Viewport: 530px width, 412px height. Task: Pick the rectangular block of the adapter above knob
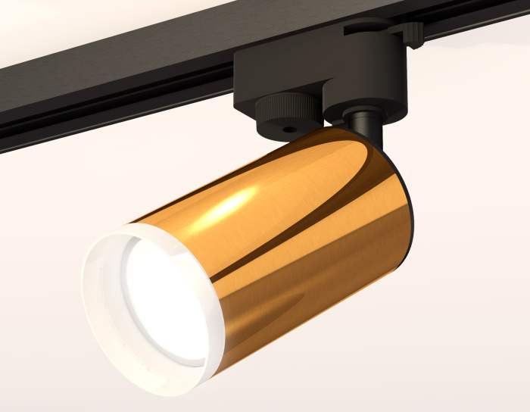pos(273,72)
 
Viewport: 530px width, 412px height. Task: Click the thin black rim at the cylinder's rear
pos(413,212)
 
